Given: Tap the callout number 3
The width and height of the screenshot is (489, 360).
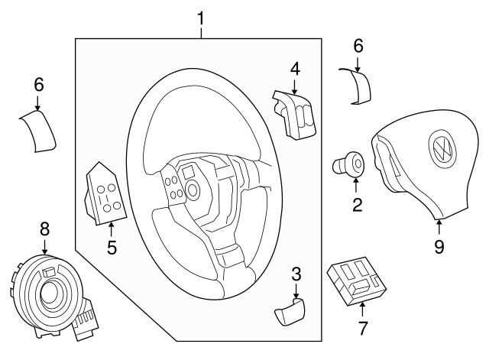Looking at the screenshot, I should click(x=296, y=273).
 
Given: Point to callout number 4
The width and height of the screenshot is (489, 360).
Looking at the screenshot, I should click(x=294, y=69).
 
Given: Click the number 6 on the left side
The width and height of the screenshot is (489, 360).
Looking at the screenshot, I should click(x=39, y=85).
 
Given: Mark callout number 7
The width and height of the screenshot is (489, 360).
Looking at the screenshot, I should click(x=362, y=329).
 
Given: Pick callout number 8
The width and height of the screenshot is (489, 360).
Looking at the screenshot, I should click(x=44, y=228).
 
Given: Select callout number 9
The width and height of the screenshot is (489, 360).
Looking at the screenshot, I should click(x=439, y=245).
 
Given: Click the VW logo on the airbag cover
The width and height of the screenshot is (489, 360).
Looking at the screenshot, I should click(x=442, y=152).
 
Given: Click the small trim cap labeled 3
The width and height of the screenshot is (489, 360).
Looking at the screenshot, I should click(x=289, y=313).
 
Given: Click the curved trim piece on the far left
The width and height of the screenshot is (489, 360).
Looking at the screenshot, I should click(x=38, y=131).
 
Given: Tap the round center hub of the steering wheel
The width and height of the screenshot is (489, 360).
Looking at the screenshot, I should click(x=191, y=188).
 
